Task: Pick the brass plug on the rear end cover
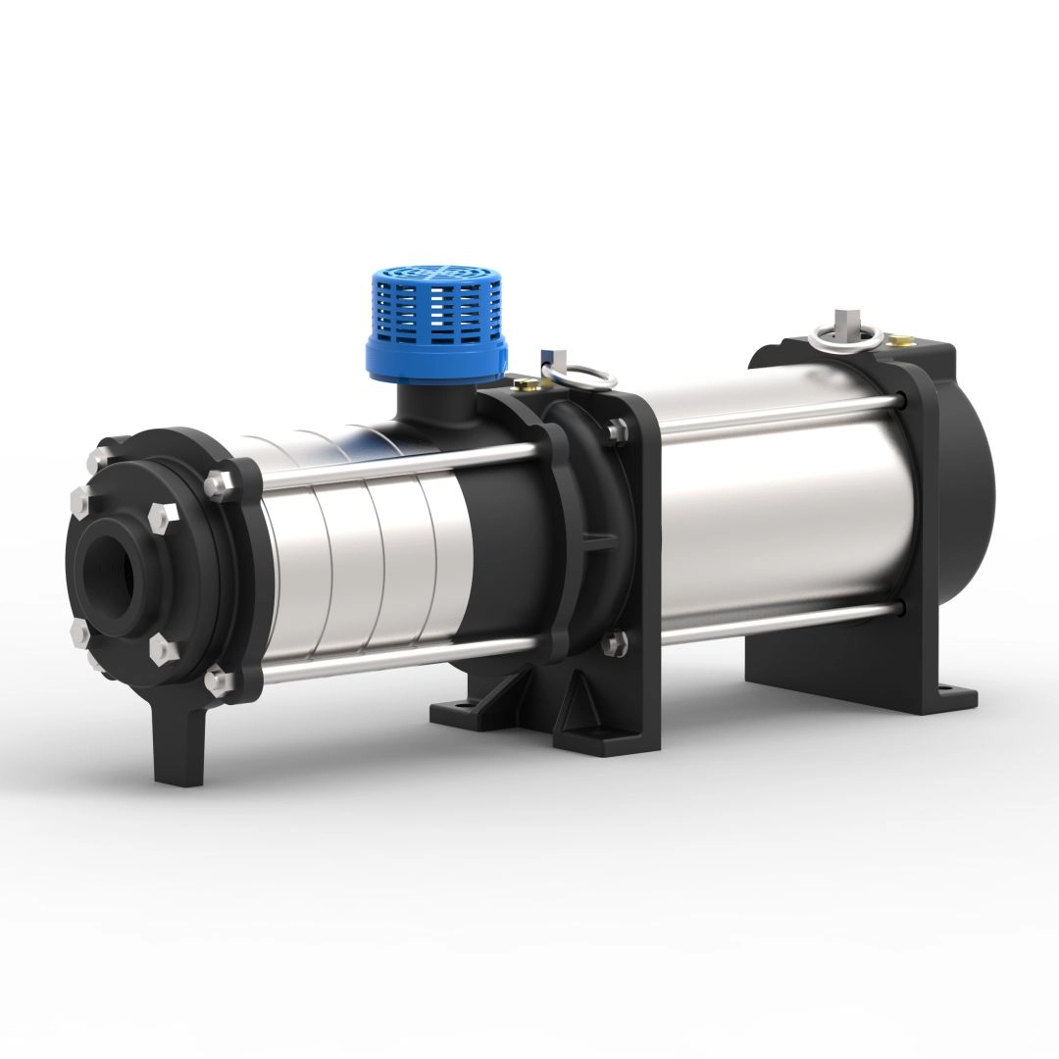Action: click(896, 341)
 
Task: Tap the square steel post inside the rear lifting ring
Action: click(841, 322)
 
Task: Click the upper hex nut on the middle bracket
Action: click(616, 429)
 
